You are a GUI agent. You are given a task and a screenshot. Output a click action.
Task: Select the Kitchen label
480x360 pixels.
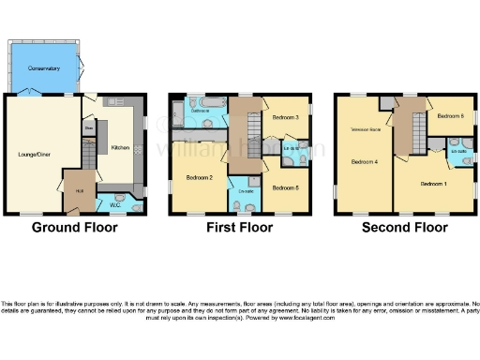[x=122, y=148]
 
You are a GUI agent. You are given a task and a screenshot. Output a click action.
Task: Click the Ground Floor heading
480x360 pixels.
[x=74, y=228]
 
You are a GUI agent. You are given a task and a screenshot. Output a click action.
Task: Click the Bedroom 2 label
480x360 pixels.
[x=200, y=177]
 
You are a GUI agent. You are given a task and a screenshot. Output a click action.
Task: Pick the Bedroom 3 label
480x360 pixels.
[x=285, y=119]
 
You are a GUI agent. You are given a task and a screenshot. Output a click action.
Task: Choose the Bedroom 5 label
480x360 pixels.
[x=285, y=188]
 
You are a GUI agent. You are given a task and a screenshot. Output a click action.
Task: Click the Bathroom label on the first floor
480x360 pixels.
[x=200, y=110]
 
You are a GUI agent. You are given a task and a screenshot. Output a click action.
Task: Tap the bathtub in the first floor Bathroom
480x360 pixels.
[x=208, y=100]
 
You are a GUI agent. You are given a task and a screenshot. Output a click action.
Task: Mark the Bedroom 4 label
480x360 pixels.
[x=364, y=161]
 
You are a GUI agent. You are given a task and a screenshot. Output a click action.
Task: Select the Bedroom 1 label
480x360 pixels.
[x=433, y=184]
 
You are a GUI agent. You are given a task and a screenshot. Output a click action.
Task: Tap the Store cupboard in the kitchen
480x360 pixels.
[x=89, y=127]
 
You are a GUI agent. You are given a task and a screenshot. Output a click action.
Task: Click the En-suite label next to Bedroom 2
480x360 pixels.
[x=247, y=191]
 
